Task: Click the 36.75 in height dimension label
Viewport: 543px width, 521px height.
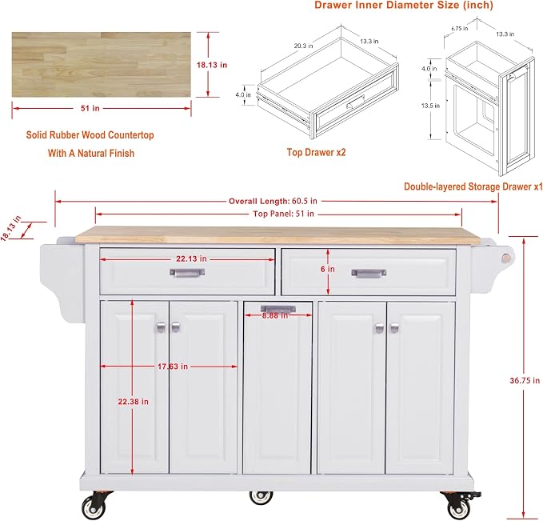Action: click(x=525, y=380)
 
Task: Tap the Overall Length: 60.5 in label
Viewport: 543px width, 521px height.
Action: click(x=273, y=201)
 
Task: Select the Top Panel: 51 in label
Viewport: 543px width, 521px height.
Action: click(x=283, y=214)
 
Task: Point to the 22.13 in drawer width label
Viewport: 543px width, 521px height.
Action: click(x=191, y=258)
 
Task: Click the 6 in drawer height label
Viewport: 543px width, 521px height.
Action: click(x=328, y=269)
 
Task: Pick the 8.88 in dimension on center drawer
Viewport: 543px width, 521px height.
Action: click(x=275, y=315)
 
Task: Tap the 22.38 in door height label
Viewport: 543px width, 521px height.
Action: click(x=133, y=402)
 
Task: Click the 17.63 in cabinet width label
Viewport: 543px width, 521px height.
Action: click(x=173, y=366)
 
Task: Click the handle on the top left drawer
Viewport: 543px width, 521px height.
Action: click(x=187, y=272)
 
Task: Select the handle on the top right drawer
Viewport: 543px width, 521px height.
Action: click(x=369, y=273)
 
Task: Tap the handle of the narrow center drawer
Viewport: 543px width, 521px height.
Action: click(x=278, y=308)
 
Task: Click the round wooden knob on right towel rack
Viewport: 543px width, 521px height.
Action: click(x=508, y=258)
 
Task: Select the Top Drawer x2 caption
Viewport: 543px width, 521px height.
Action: click(x=316, y=152)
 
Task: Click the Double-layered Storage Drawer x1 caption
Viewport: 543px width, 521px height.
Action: click(x=473, y=186)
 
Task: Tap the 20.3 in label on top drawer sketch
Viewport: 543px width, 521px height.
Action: click(x=303, y=46)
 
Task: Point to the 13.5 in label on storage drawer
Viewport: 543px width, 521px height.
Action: click(x=430, y=106)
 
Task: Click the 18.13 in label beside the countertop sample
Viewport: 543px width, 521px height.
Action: click(x=212, y=65)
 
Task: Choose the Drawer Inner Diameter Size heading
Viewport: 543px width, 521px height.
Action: click(x=404, y=5)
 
